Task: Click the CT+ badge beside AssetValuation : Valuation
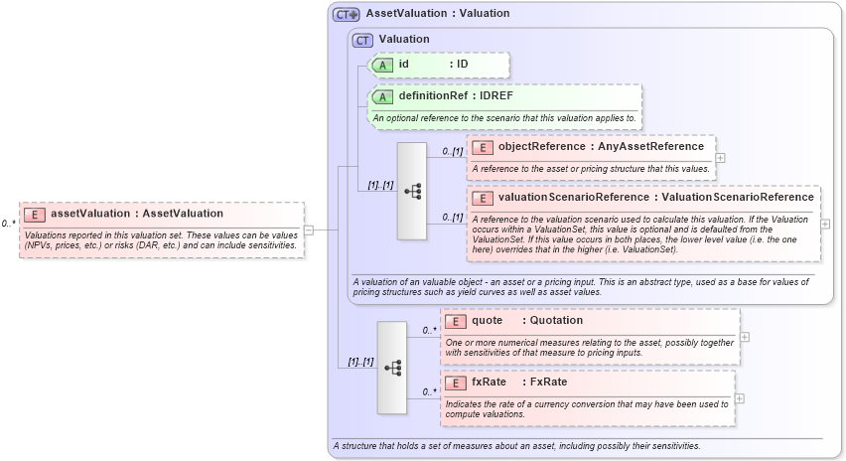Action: (x=347, y=14)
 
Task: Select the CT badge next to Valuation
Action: (x=362, y=39)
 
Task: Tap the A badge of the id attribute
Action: (x=382, y=65)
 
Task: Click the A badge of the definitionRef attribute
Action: (x=382, y=96)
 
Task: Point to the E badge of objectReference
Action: (x=483, y=147)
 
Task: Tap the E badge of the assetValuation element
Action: (x=35, y=214)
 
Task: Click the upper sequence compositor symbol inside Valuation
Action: (x=411, y=192)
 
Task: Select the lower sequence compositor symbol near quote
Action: (x=391, y=368)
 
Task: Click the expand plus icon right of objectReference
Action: (x=721, y=157)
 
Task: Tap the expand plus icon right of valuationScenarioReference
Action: (x=826, y=224)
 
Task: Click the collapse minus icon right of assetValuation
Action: (x=308, y=230)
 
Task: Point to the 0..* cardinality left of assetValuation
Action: (x=8, y=225)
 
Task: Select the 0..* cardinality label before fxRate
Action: (x=429, y=391)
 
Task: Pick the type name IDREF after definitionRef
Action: (x=496, y=96)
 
